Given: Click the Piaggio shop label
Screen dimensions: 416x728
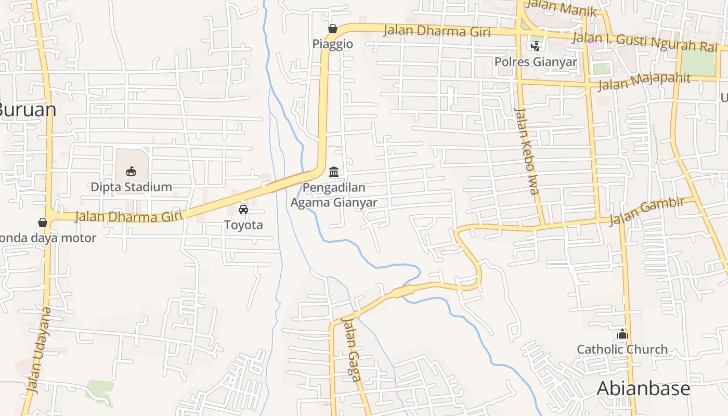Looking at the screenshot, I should pos(333,44).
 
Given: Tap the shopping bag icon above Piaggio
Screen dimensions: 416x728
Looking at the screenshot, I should pos(332,29).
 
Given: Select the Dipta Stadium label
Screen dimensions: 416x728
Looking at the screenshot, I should pos(131,187).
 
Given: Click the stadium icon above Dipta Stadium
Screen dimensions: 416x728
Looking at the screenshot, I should pos(131,171).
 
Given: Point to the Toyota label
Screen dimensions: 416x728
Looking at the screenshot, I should pos(243,225).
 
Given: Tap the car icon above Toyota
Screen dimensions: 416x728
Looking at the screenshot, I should pos(243,210).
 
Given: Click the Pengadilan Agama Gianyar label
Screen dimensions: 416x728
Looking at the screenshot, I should pos(334,195).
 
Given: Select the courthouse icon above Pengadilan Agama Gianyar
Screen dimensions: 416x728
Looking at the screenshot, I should pos(334,172).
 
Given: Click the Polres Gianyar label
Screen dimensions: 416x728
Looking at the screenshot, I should pos(536,62).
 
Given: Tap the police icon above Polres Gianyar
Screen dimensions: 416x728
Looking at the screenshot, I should pos(535,46).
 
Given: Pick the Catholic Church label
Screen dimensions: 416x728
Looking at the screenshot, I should pos(622,349).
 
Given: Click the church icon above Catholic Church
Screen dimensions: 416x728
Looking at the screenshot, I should pos(622,334).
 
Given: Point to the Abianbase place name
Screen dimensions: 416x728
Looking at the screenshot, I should pos(643,388).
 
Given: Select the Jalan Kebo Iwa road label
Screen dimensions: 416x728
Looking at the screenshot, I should pos(526,151).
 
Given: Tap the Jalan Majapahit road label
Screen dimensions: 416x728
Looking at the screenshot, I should pos(644,81).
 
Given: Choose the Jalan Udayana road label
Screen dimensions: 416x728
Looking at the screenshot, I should pos(40,349).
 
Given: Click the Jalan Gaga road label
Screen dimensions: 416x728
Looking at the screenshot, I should pos(352,349).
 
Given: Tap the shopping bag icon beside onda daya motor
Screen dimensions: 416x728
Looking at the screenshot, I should pos(43,223).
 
